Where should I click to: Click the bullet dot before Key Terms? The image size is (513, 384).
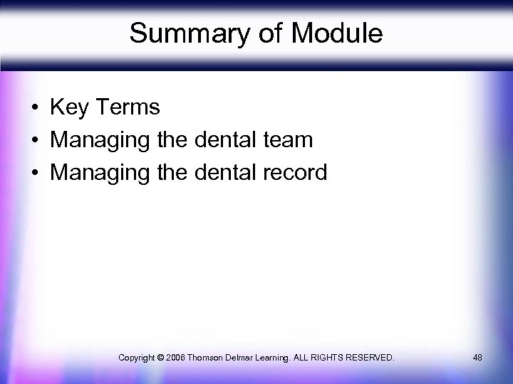(34, 109)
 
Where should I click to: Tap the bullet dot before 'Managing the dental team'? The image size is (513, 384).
(34, 141)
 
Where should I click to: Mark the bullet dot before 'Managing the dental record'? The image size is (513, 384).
(34, 173)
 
